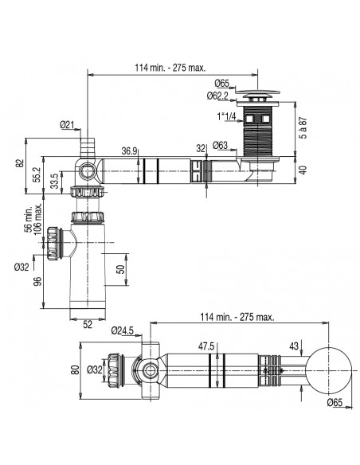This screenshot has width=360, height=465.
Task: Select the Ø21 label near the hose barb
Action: [68, 124]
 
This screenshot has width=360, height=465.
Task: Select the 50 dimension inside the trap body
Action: [122, 269]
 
